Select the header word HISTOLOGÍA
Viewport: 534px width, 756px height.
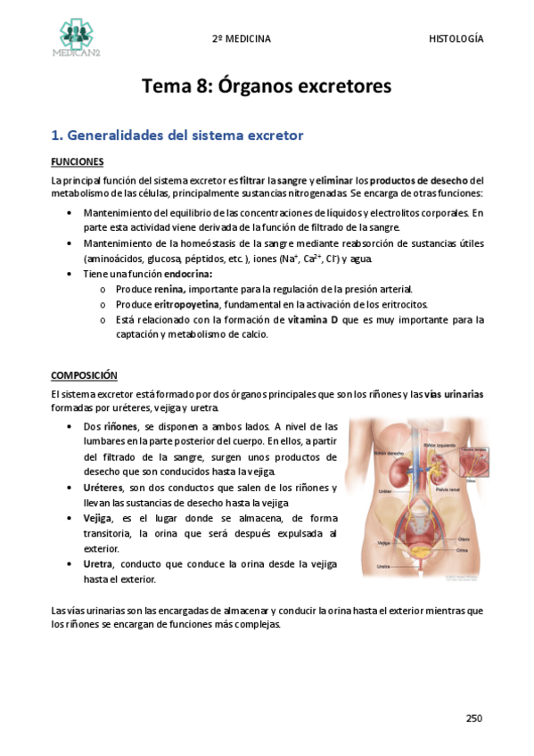click(456, 39)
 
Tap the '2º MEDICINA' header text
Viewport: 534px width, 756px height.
click(241, 39)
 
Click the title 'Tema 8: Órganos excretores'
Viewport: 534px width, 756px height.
click(267, 87)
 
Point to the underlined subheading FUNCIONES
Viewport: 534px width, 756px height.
click(78, 161)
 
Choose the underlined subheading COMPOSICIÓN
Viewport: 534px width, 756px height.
click(84, 375)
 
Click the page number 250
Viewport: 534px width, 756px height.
click(474, 718)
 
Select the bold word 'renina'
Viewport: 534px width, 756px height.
click(168, 290)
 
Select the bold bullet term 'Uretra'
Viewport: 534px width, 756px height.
click(98, 563)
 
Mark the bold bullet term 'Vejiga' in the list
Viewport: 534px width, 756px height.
click(97, 518)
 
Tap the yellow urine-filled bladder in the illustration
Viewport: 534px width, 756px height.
click(416, 539)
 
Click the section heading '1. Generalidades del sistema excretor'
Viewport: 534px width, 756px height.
click(177, 136)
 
